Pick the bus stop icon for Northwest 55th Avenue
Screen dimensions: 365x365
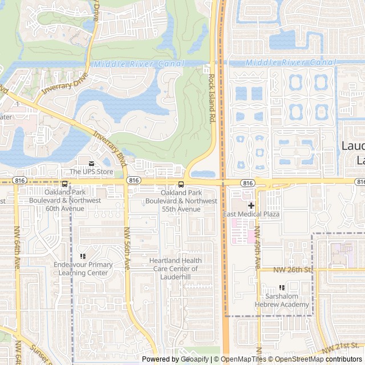(x=181, y=184)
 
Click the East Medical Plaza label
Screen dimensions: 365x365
(x=251, y=214)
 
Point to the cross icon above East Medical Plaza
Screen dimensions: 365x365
(x=251, y=205)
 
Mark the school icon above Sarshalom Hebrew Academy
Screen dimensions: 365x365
(x=282, y=288)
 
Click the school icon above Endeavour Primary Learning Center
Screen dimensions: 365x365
(x=83, y=256)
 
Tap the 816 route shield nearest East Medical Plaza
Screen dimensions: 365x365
(x=248, y=182)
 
